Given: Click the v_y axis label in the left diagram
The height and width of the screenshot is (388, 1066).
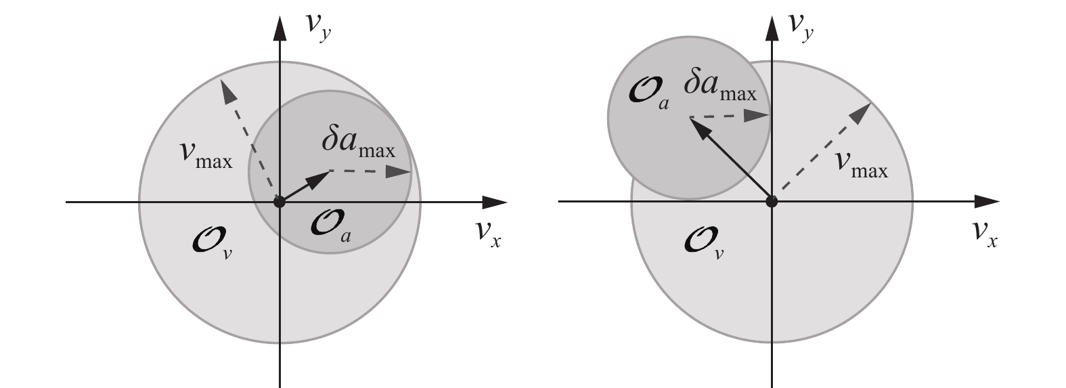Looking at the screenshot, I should pos(317,30).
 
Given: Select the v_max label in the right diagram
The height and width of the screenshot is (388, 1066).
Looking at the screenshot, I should pos(860,165).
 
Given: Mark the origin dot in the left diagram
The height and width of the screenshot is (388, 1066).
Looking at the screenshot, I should pos(279,201).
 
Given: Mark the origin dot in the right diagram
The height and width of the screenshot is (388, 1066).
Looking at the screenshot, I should pos(771,201).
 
